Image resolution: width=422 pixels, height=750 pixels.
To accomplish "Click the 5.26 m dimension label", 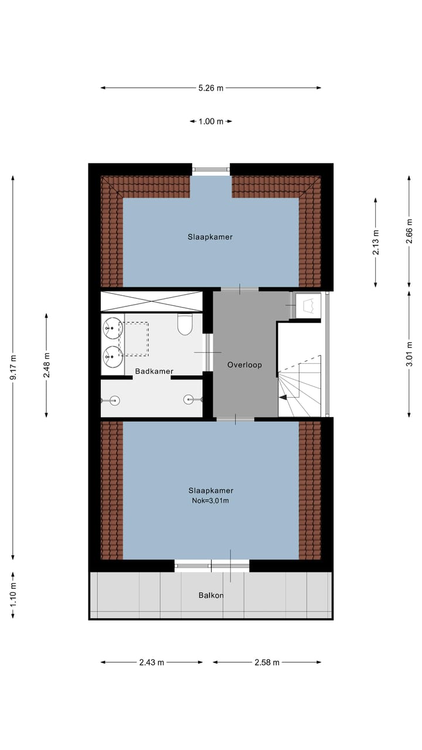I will (x=211, y=88).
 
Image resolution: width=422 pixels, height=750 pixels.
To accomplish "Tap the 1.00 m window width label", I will (x=211, y=122).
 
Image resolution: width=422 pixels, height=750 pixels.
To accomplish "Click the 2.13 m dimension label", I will (x=376, y=242).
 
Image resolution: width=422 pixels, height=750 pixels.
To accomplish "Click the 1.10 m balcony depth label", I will (x=13, y=594).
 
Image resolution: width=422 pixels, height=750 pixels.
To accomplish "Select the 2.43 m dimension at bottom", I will (x=152, y=663).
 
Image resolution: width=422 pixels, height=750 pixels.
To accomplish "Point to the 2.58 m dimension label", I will (x=267, y=663).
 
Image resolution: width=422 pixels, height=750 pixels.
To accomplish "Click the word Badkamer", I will (x=153, y=371).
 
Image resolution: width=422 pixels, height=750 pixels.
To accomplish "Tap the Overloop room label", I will (x=244, y=365).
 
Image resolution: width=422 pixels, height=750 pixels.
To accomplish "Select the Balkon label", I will (x=211, y=595).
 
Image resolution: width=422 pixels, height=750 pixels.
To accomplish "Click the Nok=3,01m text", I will (x=210, y=500).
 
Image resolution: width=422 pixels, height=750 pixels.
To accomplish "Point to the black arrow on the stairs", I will (x=283, y=397).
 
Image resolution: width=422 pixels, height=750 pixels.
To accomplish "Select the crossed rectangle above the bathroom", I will (x=151, y=301).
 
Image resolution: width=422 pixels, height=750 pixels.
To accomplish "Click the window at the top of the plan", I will (x=211, y=170).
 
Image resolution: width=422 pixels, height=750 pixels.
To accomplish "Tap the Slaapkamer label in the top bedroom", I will (x=210, y=237).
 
